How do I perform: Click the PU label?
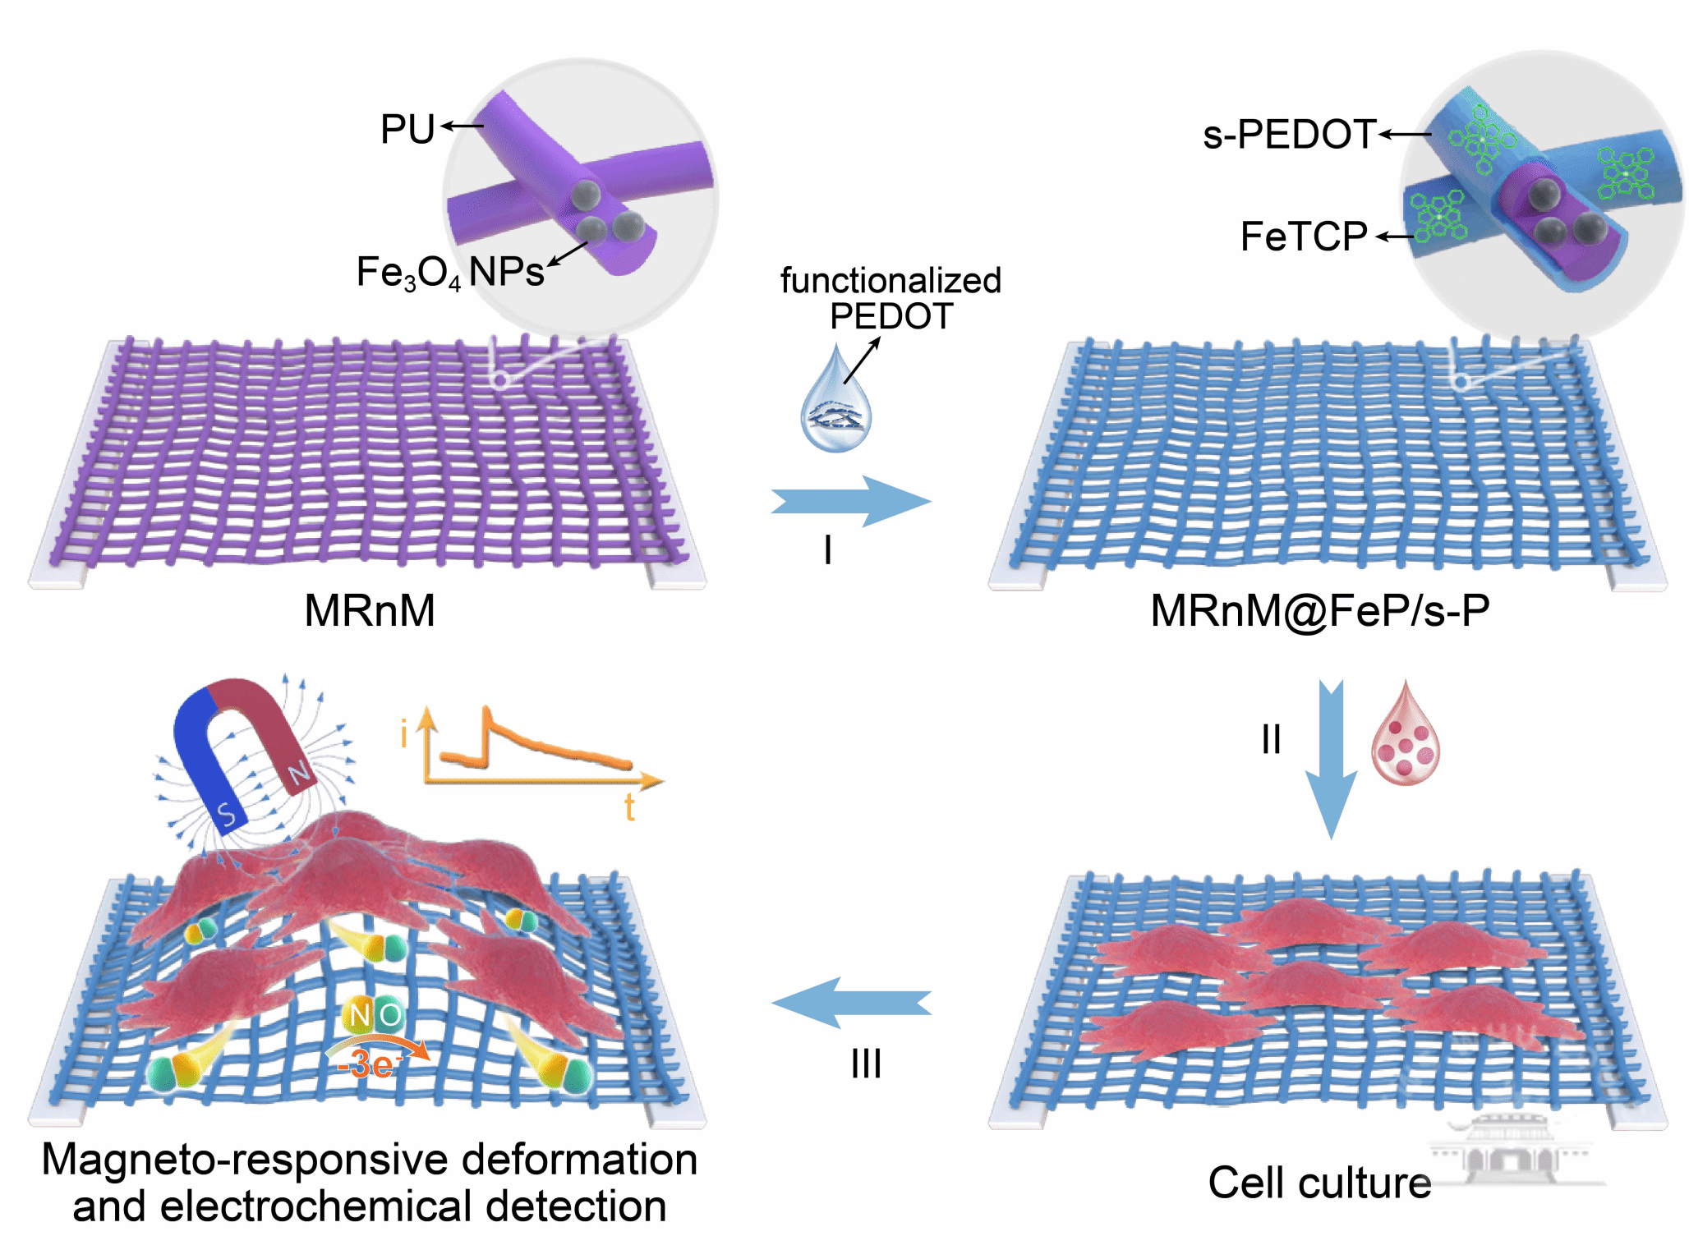coord(407,130)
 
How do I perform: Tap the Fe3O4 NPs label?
coord(449,272)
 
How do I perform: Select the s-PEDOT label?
coord(1289,135)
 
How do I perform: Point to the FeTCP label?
coord(1303,237)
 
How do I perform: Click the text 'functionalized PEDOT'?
coord(891,298)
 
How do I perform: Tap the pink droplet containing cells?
coord(1405,736)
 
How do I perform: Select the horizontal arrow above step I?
coord(850,501)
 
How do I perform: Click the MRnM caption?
coord(370,611)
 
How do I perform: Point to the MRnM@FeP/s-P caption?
coord(1319,611)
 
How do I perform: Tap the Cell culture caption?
coord(1319,1183)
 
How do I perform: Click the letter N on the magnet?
coord(299,772)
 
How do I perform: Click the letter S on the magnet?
coord(227,814)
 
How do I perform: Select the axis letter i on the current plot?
coord(403,733)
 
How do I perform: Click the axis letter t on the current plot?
coord(629,808)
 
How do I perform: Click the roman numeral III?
coord(866,1064)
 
